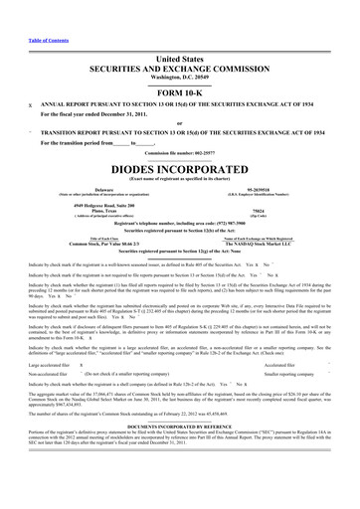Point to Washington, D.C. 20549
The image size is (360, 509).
coord(180,54)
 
